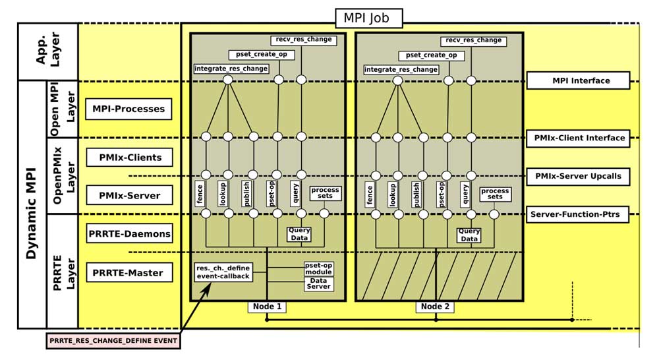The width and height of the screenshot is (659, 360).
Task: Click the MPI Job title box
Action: point(368,17)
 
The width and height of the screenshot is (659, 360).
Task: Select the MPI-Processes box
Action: point(129,109)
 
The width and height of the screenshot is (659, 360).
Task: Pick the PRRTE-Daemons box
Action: point(129,233)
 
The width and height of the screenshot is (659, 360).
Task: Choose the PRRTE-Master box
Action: point(128,272)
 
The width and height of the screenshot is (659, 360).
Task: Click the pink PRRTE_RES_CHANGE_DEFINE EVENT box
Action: point(113,341)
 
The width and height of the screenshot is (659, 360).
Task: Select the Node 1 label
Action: point(267,307)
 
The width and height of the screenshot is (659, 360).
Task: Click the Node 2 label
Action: point(436,307)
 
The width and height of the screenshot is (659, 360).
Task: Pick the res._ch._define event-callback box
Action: point(223,272)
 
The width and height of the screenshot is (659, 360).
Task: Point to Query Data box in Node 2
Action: point(469,235)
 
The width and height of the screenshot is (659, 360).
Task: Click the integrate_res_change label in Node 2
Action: point(401,69)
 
